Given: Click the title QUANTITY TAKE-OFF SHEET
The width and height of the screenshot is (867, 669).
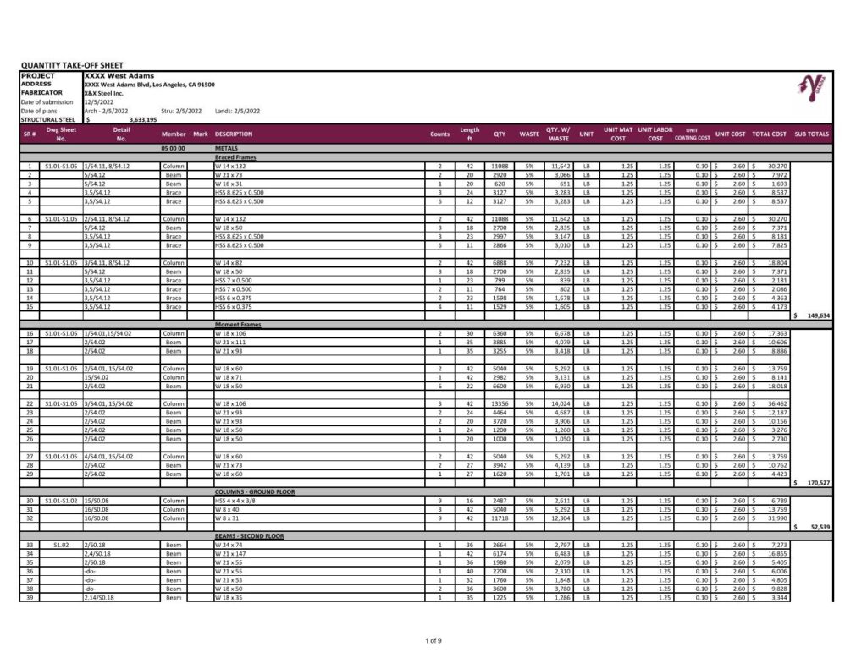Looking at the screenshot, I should point(71,65).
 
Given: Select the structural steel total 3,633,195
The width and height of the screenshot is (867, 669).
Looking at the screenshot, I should point(143,120).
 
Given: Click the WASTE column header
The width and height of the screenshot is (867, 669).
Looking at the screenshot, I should point(529,134).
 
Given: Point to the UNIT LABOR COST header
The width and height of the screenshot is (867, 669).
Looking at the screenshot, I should point(655,134).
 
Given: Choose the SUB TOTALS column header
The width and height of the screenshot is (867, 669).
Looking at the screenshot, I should point(811,134).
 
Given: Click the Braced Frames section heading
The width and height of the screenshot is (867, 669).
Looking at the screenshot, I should point(236,157).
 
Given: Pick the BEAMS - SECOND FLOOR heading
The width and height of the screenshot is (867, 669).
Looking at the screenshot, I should point(249,536).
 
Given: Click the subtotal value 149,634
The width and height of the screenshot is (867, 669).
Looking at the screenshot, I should point(817,315).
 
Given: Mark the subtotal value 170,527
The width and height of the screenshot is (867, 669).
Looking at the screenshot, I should point(817,482).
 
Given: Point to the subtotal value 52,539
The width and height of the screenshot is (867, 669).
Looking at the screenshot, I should point(819,527).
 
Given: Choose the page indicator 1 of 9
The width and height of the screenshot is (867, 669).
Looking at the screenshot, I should point(433,640).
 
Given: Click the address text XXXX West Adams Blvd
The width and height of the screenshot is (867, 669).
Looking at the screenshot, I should point(149,85).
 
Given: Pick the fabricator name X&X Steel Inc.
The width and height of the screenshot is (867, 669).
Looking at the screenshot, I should point(104,93).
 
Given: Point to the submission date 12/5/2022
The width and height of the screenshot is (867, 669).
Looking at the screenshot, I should point(100,102).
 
